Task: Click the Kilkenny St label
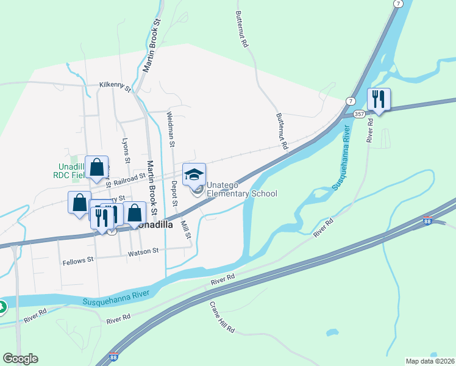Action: tap(116, 87)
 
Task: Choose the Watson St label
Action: tap(143, 251)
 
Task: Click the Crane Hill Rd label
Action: tap(223, 317)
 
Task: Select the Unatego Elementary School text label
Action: tap(241, 189)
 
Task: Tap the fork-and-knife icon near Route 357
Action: tap(379, 98)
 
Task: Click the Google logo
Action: tap(20, 359)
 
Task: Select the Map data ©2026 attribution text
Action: tap(430, 361)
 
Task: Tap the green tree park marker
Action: tap(2, 307)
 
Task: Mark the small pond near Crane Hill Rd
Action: tap(332, 333)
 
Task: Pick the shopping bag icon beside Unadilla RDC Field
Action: tap(97, 167)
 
